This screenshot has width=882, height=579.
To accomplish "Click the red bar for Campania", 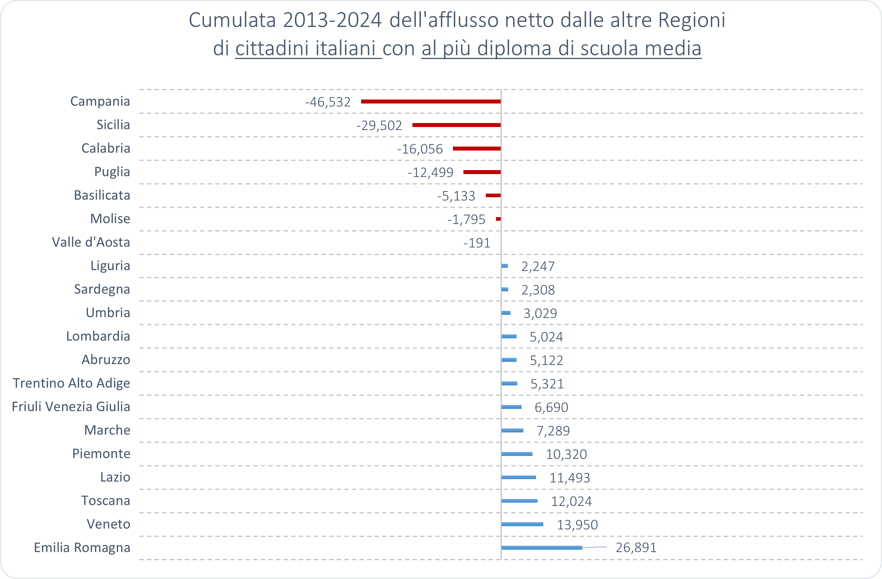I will pos(431,101).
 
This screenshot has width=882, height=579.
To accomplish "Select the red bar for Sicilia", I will pos(456,125).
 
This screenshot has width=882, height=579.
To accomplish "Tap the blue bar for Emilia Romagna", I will pos(541,548).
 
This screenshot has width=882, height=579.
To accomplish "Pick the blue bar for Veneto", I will pos(522,524).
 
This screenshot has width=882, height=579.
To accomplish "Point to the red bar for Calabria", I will pos(476,148).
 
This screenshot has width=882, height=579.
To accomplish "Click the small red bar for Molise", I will pos(498,219).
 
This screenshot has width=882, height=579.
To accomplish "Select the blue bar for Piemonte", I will pos(517,454).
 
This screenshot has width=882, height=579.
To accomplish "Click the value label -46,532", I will pos(327,102).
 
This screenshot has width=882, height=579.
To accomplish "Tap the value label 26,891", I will pos(636,548).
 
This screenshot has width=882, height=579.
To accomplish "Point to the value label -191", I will pos(476,243).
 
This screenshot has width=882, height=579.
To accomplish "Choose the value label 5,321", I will pos(547,384).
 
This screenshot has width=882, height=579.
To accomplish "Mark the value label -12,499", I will pos(430,173).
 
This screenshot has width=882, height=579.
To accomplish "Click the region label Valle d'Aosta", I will pos(91,242).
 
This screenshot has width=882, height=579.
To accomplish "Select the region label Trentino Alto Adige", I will pos(72,383).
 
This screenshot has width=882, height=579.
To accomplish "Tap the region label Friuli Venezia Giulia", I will pos(71,406).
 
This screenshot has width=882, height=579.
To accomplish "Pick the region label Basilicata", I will pos(102,195).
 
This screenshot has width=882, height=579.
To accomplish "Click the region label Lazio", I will pos(115,477).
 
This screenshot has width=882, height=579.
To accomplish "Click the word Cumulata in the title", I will pos(232,20).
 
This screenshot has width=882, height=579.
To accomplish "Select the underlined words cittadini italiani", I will pos(308,48).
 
